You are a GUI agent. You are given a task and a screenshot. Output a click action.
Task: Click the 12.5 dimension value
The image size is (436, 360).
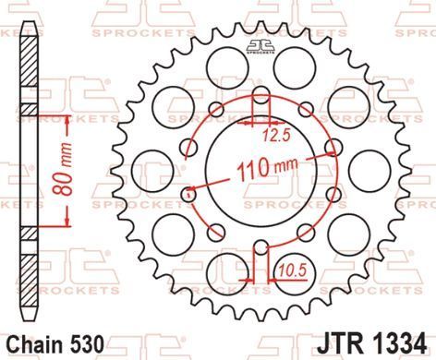click(277, 135)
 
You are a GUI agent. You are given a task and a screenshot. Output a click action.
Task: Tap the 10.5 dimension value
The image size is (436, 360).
click(293, 270)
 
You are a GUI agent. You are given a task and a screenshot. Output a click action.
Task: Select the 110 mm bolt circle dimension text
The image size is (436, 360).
click(267, 168)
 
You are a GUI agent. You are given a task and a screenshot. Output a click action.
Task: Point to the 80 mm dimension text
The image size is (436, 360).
click(62, 170)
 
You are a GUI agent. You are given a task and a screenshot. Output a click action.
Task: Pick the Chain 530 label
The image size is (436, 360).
click(55, 344)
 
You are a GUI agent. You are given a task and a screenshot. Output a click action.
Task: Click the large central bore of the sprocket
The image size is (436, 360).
click(261, 171)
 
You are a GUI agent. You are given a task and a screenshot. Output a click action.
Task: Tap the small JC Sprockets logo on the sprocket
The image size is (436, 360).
click(260, 47)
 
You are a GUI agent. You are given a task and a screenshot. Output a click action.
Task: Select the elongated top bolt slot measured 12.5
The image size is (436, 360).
click(261, 95)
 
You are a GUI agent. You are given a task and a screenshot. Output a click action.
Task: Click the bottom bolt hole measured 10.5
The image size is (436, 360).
click(261, 247)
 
